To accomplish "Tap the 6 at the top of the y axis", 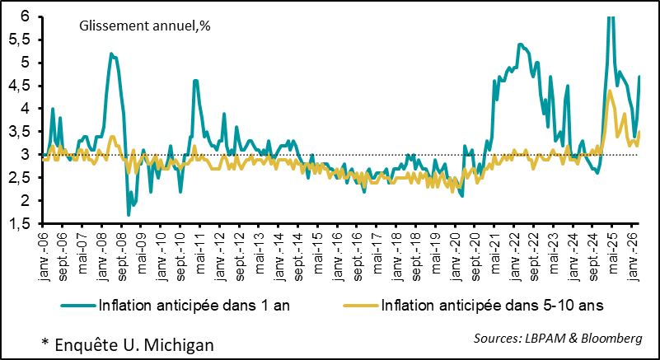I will click(x=25, y=16).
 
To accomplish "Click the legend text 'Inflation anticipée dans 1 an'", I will click(x=193, y=305).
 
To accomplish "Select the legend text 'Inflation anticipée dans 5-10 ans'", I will click(x=493, y=305).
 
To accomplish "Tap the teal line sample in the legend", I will click(x=77, y=305).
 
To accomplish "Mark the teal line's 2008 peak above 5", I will click(x=111, y=54).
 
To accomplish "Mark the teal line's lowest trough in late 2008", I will click(x=128, y=215).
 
